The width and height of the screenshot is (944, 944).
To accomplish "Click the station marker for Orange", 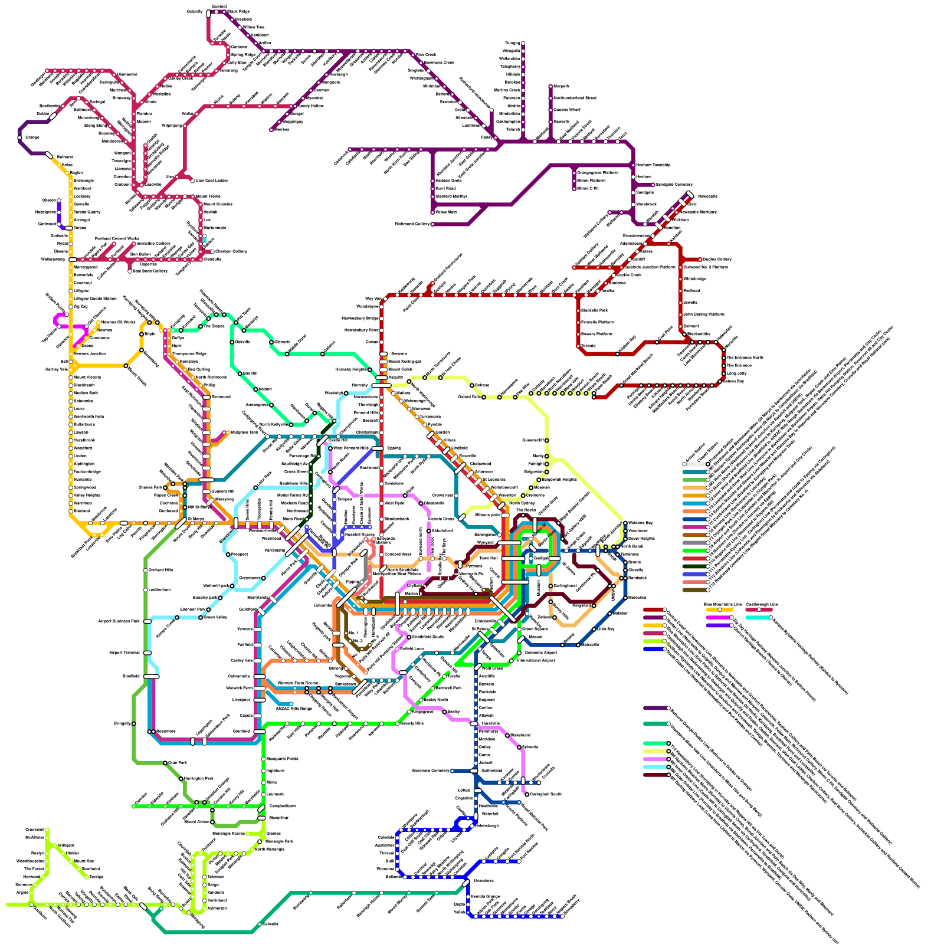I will point(20,137).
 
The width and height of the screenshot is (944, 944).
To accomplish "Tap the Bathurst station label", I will point(64,158).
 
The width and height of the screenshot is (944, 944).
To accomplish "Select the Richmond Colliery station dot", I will point(432,224).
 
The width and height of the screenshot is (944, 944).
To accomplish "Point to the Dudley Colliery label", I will point(717,259).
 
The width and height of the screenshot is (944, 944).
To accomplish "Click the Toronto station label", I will point(588,346).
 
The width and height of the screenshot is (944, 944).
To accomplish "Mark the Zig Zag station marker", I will point(71,307).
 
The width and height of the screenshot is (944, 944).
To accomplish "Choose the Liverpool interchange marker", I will point(260,700).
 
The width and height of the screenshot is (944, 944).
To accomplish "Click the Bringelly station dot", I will point(134,723).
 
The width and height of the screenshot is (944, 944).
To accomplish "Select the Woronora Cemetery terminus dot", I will point(452,771).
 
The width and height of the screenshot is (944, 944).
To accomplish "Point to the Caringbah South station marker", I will point(527,794).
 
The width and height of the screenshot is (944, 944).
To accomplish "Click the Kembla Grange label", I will point(486,896).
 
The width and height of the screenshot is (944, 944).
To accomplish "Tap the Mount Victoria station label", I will point(87,377).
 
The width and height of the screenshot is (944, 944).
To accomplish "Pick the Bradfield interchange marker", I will point(152,676).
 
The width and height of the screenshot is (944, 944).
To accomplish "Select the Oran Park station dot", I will point(165,763).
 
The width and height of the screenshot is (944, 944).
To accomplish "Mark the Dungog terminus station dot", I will point(523,43).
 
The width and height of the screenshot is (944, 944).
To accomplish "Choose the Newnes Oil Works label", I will point(117,322).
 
